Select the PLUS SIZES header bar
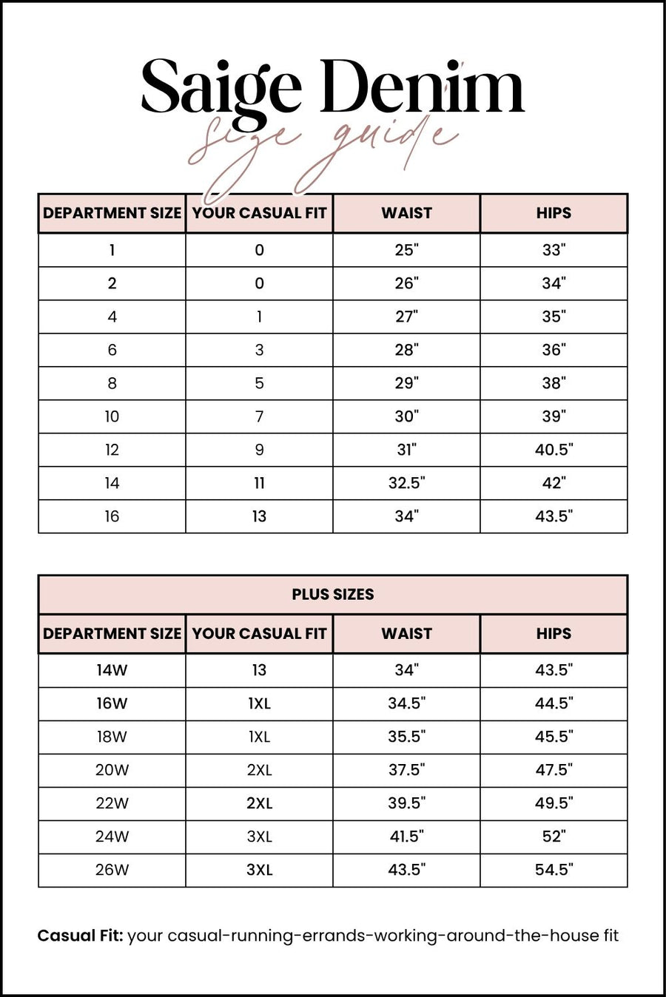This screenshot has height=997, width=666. click(x=333, y=595)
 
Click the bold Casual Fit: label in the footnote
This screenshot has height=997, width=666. click(x=80, y=936)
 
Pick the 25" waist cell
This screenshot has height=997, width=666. click(x=406, y=250)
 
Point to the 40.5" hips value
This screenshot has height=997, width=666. click(x=554, y=450)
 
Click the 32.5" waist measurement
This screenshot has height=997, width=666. click(x=406, y=483)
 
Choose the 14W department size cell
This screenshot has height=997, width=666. click(x=112, y=670)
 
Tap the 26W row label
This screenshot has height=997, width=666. click(x=112, y=870)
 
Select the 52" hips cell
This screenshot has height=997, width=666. click(x=554, y=837)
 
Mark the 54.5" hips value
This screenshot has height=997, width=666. click(x=554, y=870)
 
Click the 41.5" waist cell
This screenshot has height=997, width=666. click(x=406, y=837)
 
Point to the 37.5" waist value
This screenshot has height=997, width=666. click(x=406, y=770)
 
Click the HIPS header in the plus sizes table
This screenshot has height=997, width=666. click(x=554, y=634)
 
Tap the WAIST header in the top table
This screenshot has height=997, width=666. click(x=406, y=213)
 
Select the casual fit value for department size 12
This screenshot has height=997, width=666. click(x=259, y=450)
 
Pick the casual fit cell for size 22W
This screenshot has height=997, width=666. click(x=259, y=803)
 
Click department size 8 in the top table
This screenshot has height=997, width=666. click(x=112, y=383)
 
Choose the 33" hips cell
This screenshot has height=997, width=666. click(x=554, y=250)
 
